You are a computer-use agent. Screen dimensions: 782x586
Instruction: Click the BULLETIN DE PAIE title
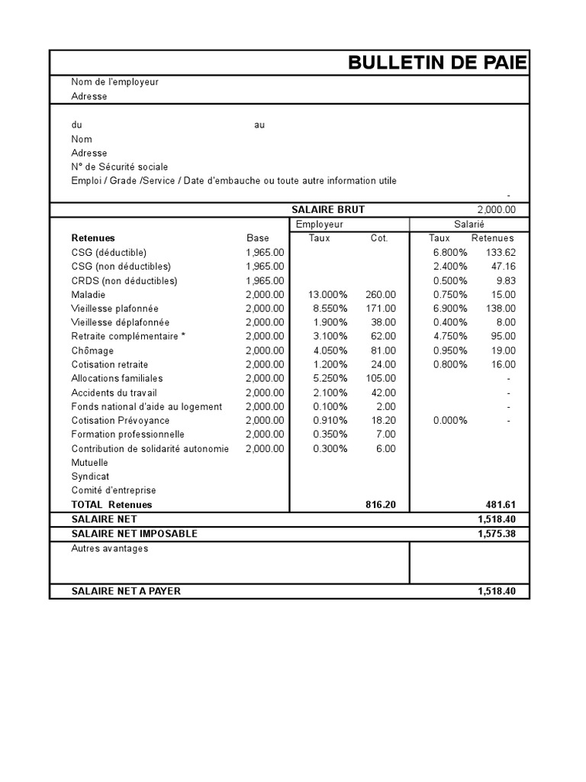(x=436, y=63)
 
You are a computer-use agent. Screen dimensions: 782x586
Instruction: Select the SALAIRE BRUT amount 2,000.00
(x=496, y=210)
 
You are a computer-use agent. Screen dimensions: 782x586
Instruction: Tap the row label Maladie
(x=89, y=295)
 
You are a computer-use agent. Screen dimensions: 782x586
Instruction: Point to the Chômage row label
(x=92, y=351)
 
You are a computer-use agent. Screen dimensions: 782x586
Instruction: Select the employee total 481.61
(x=501, y=505)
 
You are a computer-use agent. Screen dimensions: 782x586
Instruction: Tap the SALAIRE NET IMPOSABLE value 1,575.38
(x=497, y=534)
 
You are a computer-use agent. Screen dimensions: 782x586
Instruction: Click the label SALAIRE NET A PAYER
(x=126, y=591)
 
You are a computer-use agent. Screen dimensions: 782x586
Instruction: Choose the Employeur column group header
(x=320, y=224)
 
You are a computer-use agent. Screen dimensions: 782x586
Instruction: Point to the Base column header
(x=258, y=238)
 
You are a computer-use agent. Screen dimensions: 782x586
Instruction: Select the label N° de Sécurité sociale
(x=120, y=166)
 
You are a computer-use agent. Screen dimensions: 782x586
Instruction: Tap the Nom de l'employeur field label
(x=115, y=82)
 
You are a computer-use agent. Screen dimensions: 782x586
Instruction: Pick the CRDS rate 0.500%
(x=449, y=281)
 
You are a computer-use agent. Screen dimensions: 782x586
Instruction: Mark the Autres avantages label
(x=110, y=548)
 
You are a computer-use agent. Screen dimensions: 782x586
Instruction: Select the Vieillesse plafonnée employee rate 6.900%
(x=449, y=309)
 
